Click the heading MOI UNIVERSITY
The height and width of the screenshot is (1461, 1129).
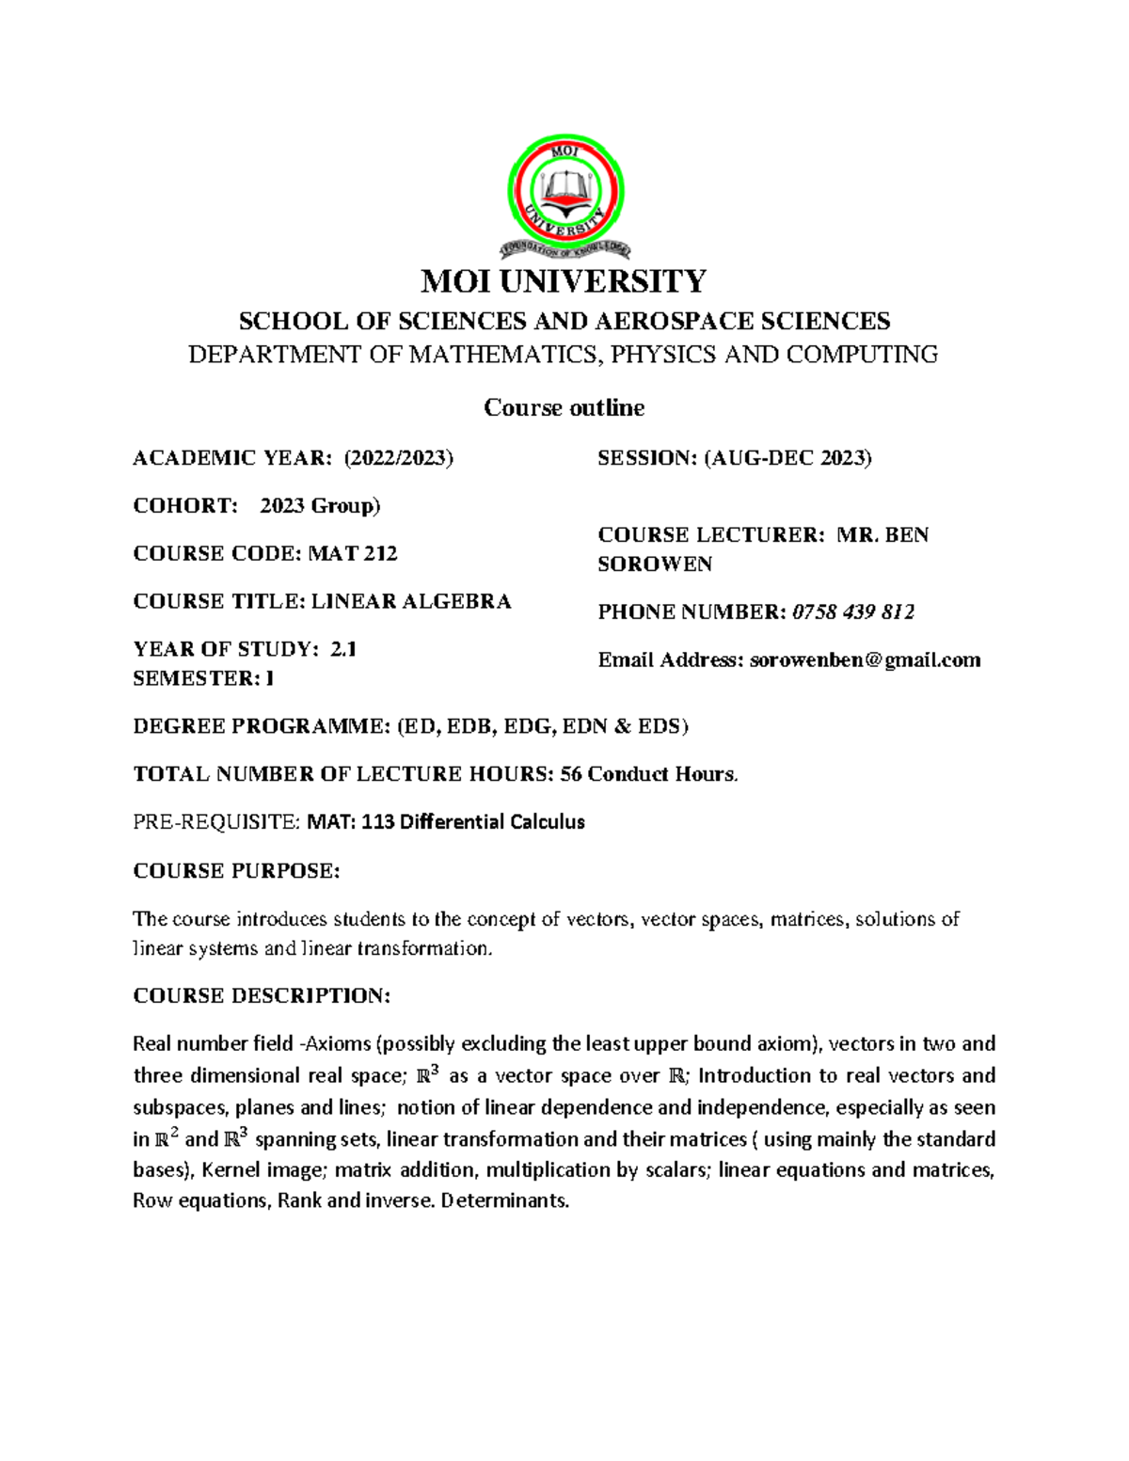(x=564, y=281)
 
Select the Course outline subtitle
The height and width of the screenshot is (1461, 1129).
(x=564, y=407)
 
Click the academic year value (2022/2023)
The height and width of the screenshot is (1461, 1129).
(x=398, y=458)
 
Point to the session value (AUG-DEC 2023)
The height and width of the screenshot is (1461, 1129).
(x=787, y=458)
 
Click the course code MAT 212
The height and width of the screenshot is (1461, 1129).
(x=353, y=553)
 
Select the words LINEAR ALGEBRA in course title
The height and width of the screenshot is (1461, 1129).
(x=411, y=601)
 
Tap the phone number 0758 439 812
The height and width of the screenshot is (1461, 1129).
(x=853, y=612)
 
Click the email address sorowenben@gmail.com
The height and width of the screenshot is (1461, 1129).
(x=865, y=660)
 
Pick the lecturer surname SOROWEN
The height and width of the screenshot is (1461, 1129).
(x=655, y=564)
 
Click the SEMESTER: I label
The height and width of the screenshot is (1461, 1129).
(x=203, y=678)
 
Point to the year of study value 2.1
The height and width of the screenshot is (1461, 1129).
(x=343, y=649)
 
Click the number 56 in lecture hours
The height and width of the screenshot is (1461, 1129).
(x=571, y=774)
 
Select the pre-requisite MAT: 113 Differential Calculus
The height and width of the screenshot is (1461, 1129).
(x=446, y=822)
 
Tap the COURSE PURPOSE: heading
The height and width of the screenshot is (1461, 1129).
(x=236, y=871)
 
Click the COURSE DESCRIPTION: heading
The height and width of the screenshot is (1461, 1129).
(x=262, y=995)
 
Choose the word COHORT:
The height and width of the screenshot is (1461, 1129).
(x=186, y=506)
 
